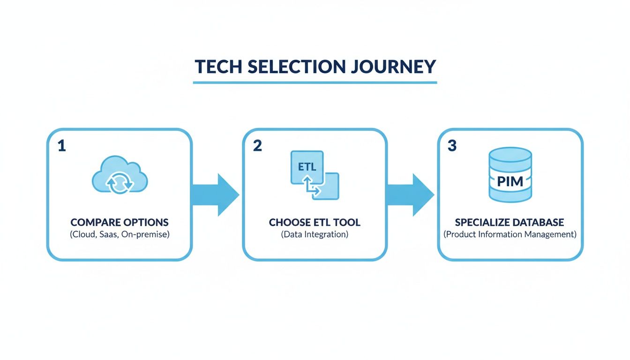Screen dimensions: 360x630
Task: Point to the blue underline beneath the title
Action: coord(315,82)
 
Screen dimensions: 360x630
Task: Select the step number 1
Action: coord(61,146)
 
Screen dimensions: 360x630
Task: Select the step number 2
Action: coord(257,146)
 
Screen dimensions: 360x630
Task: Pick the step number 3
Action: coord(452,146)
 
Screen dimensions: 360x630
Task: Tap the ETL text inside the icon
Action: coord(307,167)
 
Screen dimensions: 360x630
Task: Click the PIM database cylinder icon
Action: coord(510,175)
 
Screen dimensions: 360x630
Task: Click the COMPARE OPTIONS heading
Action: coord(120,222)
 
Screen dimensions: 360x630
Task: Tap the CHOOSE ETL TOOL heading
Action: coord(315,222)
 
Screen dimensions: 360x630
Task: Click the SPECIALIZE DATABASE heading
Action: coord(510,222)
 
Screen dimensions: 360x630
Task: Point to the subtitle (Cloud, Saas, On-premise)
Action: coord(120,234)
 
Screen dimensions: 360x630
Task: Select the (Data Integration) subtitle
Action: coord(315,234)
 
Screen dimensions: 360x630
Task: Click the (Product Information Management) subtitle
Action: coord(510,234)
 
